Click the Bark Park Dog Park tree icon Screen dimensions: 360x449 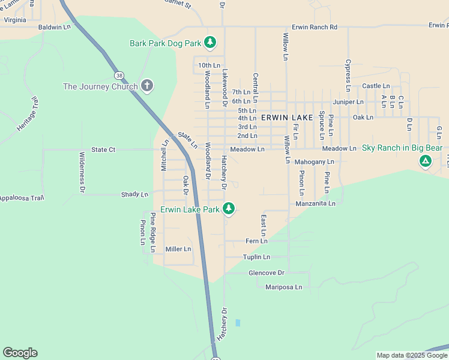[209, 42]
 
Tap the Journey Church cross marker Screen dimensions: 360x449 [146, 86]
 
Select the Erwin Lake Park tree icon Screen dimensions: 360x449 [228, 209]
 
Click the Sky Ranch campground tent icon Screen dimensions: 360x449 [425, 161]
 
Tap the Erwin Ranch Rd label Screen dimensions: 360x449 [315, 27]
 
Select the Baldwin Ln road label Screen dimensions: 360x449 [54, 27]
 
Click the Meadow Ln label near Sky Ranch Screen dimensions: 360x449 [339, 148]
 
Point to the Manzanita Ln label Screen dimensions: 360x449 [315, 203]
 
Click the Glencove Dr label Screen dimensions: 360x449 [266, 272]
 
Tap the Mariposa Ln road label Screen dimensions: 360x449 [283, 287]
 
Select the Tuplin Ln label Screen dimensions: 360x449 [256, 257]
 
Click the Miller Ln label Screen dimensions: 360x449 [178, 249]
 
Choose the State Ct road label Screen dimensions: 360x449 [103, 149]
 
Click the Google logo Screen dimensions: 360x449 [20, 353]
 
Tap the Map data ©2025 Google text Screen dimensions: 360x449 [411, 355]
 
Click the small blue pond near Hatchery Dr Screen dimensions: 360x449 [238, 323]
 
